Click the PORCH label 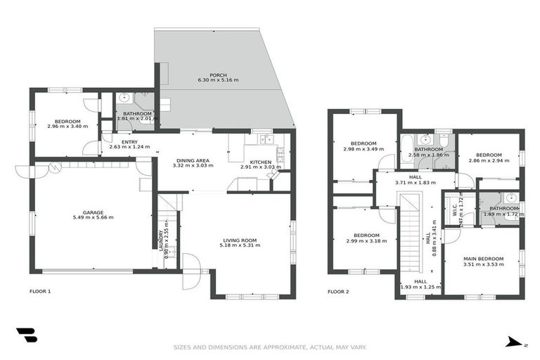[x=218, y=74]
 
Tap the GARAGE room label [x=94, y=212]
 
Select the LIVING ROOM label [x=240, y=240]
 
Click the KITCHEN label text [x=260, y=161]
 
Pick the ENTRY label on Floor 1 [x=130, y=142]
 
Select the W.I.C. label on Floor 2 [x=456, y=210]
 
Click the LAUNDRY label [x=161, y=237]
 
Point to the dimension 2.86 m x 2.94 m [x=489, y=161]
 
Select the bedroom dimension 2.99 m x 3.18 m [x=366, y=241]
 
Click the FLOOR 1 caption [x=40, y=291]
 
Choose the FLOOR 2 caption [x=338, y=291]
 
